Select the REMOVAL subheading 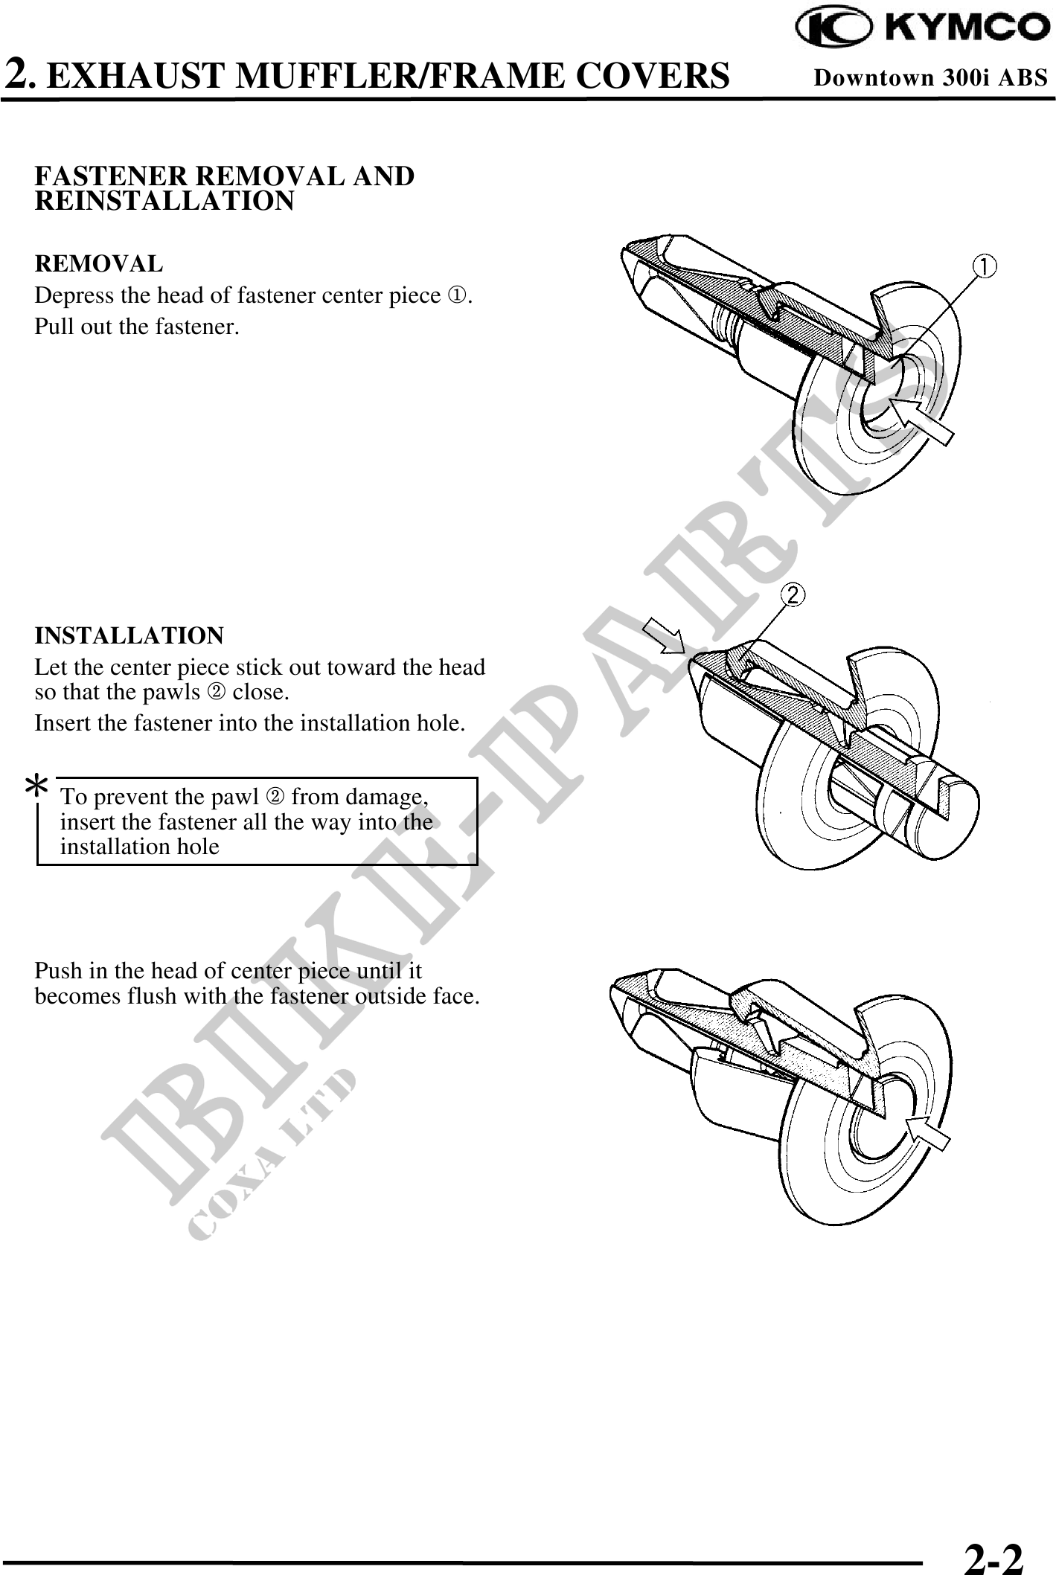[99, 263]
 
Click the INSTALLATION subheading [129, 636]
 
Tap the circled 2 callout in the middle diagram [793, 594]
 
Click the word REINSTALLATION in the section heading [164, 202]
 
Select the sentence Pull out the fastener [137, 327]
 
